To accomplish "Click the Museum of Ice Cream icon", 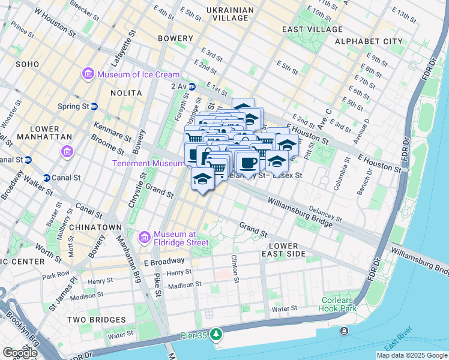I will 88,74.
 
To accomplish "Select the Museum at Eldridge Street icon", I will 144,238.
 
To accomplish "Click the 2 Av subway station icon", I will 191,87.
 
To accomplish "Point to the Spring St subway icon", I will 94,106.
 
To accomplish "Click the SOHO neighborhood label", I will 28,64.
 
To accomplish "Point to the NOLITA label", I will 126,93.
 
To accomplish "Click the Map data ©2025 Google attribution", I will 412,355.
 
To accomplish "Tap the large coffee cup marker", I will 247,163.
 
